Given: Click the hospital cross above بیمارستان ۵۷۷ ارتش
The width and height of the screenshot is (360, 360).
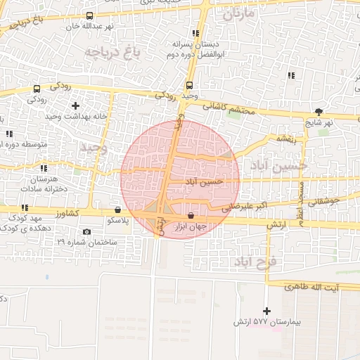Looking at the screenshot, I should point(266,311).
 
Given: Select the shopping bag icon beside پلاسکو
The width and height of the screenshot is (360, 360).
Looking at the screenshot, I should point(117,210).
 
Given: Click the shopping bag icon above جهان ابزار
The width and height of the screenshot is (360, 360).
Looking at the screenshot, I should point(191,215).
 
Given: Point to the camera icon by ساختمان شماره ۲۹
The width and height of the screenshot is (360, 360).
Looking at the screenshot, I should point(86,232).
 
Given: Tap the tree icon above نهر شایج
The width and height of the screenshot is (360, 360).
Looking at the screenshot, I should point(319,111).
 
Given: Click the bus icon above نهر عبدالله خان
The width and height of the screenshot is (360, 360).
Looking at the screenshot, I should point(89,15).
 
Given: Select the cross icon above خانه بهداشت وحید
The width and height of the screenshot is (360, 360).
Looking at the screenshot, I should point(75,105).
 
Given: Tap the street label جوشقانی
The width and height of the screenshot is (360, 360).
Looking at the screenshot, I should point(324,201).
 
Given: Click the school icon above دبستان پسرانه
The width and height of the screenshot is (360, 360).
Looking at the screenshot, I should point(195,32).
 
